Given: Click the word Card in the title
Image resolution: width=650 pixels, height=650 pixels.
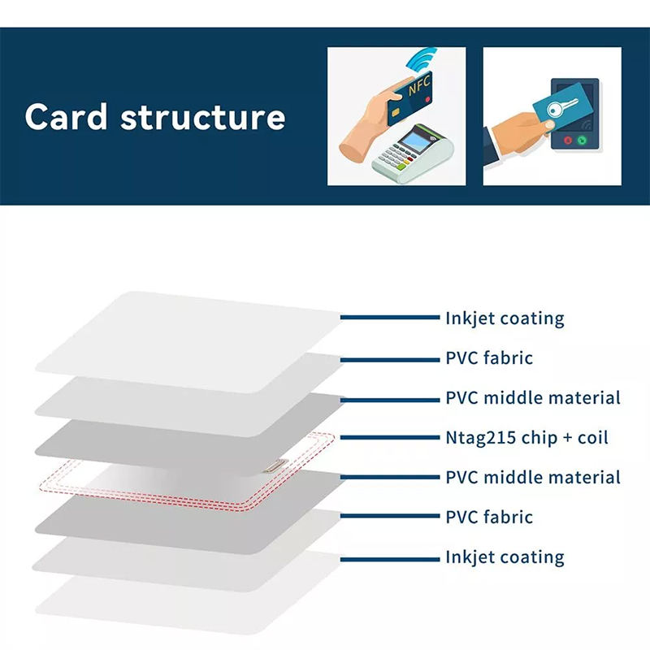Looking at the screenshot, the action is coord(66,117).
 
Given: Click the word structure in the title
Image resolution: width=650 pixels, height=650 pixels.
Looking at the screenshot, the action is coord(202,118).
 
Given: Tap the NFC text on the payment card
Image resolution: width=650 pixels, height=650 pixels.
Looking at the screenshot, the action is coord(419,87).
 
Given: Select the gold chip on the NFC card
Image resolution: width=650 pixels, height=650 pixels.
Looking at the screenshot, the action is coord(395,112).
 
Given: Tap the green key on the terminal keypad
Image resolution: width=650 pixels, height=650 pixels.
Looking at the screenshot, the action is coord(401,167).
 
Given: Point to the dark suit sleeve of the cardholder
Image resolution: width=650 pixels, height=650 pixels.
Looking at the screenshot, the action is coord(492,147).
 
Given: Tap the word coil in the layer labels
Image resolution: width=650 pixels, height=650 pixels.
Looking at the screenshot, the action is coord(593,437).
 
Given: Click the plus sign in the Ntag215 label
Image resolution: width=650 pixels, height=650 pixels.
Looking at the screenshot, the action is coord(567,438).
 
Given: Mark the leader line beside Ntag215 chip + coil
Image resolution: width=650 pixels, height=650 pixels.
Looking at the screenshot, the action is coord(390,437).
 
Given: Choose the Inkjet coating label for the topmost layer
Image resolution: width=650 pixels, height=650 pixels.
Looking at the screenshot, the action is coord(505,318).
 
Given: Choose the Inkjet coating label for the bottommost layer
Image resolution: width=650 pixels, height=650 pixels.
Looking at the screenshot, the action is coord(505,557).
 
